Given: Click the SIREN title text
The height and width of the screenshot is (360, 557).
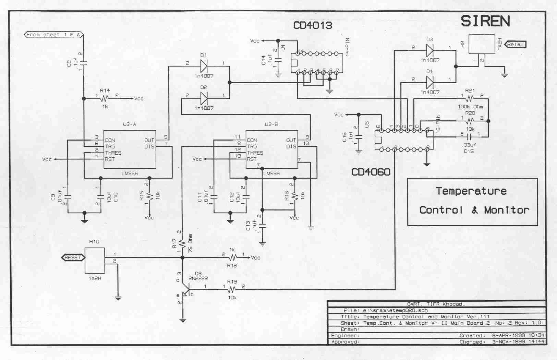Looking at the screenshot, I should click(485, 21).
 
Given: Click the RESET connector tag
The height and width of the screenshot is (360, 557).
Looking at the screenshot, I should click(73, 257).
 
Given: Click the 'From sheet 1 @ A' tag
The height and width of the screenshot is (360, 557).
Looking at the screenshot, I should click(53, 35).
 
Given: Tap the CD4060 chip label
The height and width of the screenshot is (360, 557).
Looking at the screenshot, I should click(371, 172).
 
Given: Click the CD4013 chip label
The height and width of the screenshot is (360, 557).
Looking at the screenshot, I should click(312, 25).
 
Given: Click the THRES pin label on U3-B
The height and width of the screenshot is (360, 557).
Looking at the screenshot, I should click(255, 153).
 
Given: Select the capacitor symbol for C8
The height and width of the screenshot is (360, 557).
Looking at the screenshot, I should click(83, 62).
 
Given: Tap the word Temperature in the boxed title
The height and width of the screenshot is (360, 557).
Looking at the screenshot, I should click(471, 191).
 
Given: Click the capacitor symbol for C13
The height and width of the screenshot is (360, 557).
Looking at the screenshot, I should click(263, 226).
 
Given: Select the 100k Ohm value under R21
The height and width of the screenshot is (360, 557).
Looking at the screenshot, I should click(470, 107).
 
